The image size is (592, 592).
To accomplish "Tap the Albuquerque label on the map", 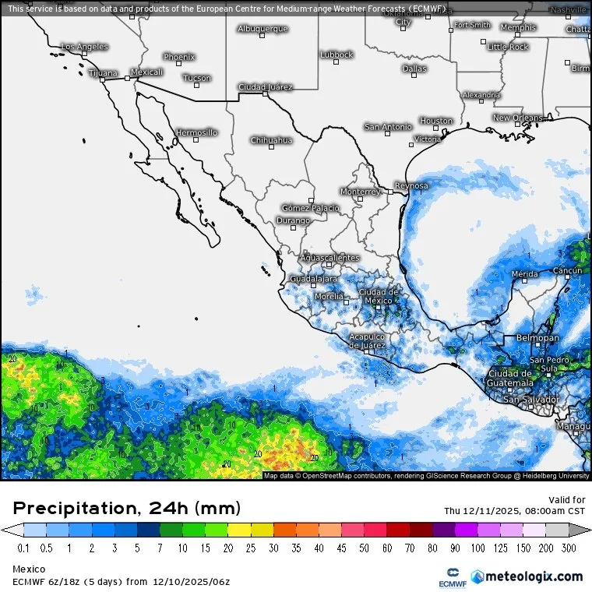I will pyautogui.click(x=263, y=29).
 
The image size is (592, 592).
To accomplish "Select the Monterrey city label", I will pyautogui.click(x=360, y=191).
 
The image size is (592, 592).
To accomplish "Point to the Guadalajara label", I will pyautogui.click(x=313, y=278).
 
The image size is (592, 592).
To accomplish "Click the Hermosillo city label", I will pyautogui.click(x=196, y=132).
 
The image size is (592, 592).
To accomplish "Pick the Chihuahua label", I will pyautogui.click(x=271, y=140).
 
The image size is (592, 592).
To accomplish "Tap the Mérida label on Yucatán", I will pyautogui.click(x=524, y=274).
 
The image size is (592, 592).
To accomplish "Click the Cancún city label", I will pyautogui.click(x=566, y=270).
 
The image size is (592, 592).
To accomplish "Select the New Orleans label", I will pyautogui.click(x=517, y=118).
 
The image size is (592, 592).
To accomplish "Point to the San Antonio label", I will pyautogui.click(x=388, y=126).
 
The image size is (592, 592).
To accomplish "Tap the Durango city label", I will pyautogui.click(x=294, y=220).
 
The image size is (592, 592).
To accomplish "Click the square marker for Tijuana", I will pyautogui.click(x=102, y=79).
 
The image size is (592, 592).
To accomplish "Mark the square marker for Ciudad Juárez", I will pyautogui.click(x=265, y=94).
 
